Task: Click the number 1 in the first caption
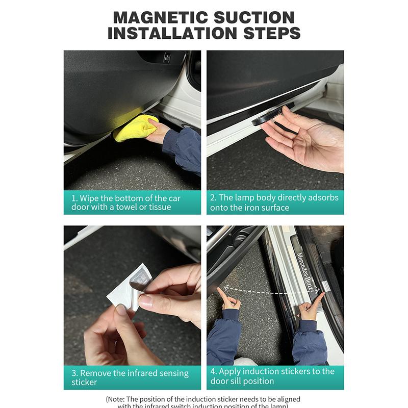tap(73, 198)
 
